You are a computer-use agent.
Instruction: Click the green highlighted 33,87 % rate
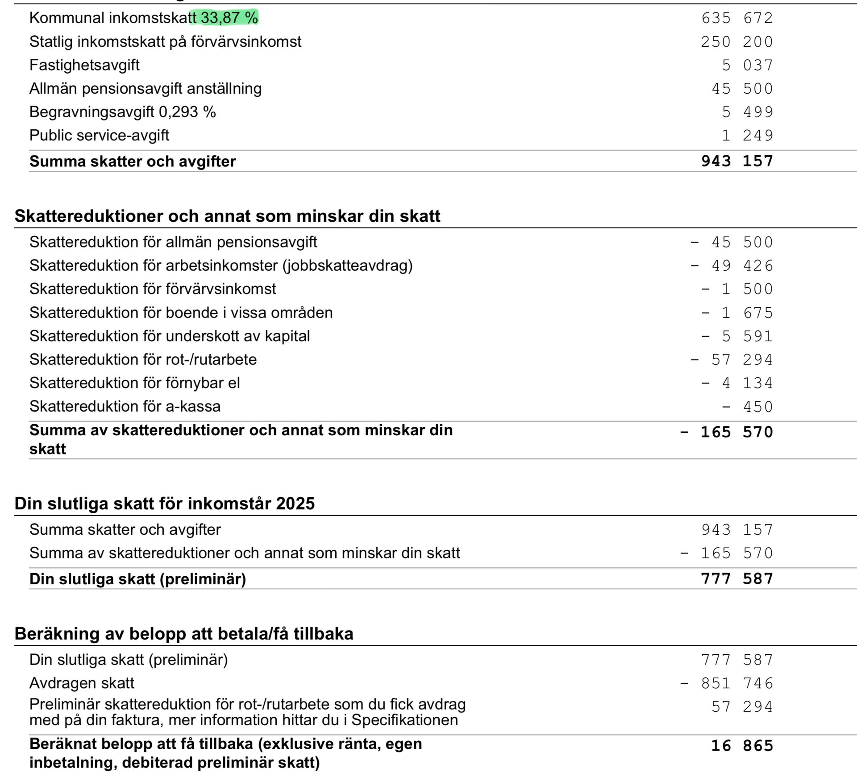pos(229,18)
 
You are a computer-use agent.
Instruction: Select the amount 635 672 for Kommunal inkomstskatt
pos(737,18)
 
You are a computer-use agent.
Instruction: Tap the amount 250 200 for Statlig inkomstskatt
pos(736,41)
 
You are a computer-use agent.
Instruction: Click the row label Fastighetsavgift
pos(84,65)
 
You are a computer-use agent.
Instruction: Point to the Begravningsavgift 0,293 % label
pos(122,112)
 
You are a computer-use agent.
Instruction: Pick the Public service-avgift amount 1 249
pos(747,135)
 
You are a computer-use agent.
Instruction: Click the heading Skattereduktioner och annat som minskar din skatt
pos(227,216)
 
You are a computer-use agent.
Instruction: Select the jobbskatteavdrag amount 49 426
pos(742,265)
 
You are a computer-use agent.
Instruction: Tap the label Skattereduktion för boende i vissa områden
pos(181,313)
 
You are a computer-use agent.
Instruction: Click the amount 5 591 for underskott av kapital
pos(747,336)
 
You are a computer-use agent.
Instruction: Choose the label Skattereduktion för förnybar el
pos(134,383)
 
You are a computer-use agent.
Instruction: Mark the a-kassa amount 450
pos(758,406)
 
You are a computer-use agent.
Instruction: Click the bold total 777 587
pos(737,578)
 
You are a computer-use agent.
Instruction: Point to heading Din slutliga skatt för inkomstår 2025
pos(164,503)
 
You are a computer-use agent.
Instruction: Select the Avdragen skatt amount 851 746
pos(737,683)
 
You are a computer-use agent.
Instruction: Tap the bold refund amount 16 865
pos(742,745)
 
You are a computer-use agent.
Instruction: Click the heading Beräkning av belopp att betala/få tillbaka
pos(183,633)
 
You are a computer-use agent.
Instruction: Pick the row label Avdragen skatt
pos(82,683)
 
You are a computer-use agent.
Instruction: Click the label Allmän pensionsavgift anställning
pos(146,88)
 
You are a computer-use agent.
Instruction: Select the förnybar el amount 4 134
pos(747,383)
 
